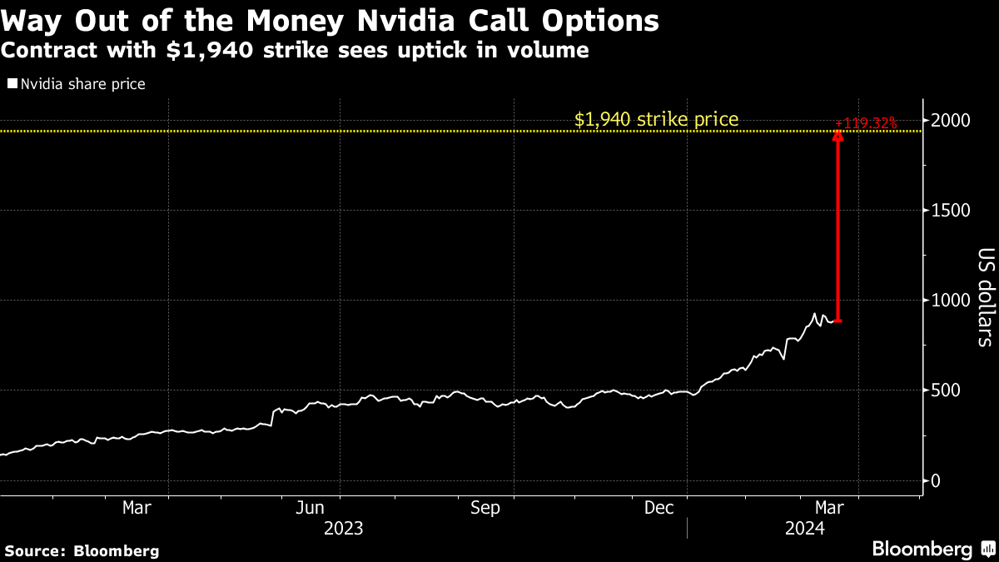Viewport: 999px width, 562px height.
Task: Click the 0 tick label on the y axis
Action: pyautogui.click(x=936, y=480)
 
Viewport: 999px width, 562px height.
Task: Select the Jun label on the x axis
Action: pyautogui.click(x=311, y=508)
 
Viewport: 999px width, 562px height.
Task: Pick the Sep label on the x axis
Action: pyautogui.click(x=485, y=508)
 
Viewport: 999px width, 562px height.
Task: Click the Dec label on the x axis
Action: pyautogui.click(x=659, y=508)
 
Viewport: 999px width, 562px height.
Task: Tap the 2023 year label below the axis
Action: pyautogui.click(x=344, y=528)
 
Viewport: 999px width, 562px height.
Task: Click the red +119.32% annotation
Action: pyautogui.click(x=866, y=123)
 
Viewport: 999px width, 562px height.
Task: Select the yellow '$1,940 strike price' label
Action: pyautogui.click(x=656, y=119)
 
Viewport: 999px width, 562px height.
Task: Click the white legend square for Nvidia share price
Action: pyautogui.click(x=12, y=84)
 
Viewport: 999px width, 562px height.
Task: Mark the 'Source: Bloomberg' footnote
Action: pyautogui.click(x=82, y=550)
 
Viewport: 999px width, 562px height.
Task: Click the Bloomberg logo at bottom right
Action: pyautogui.click(x=932, y=550)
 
